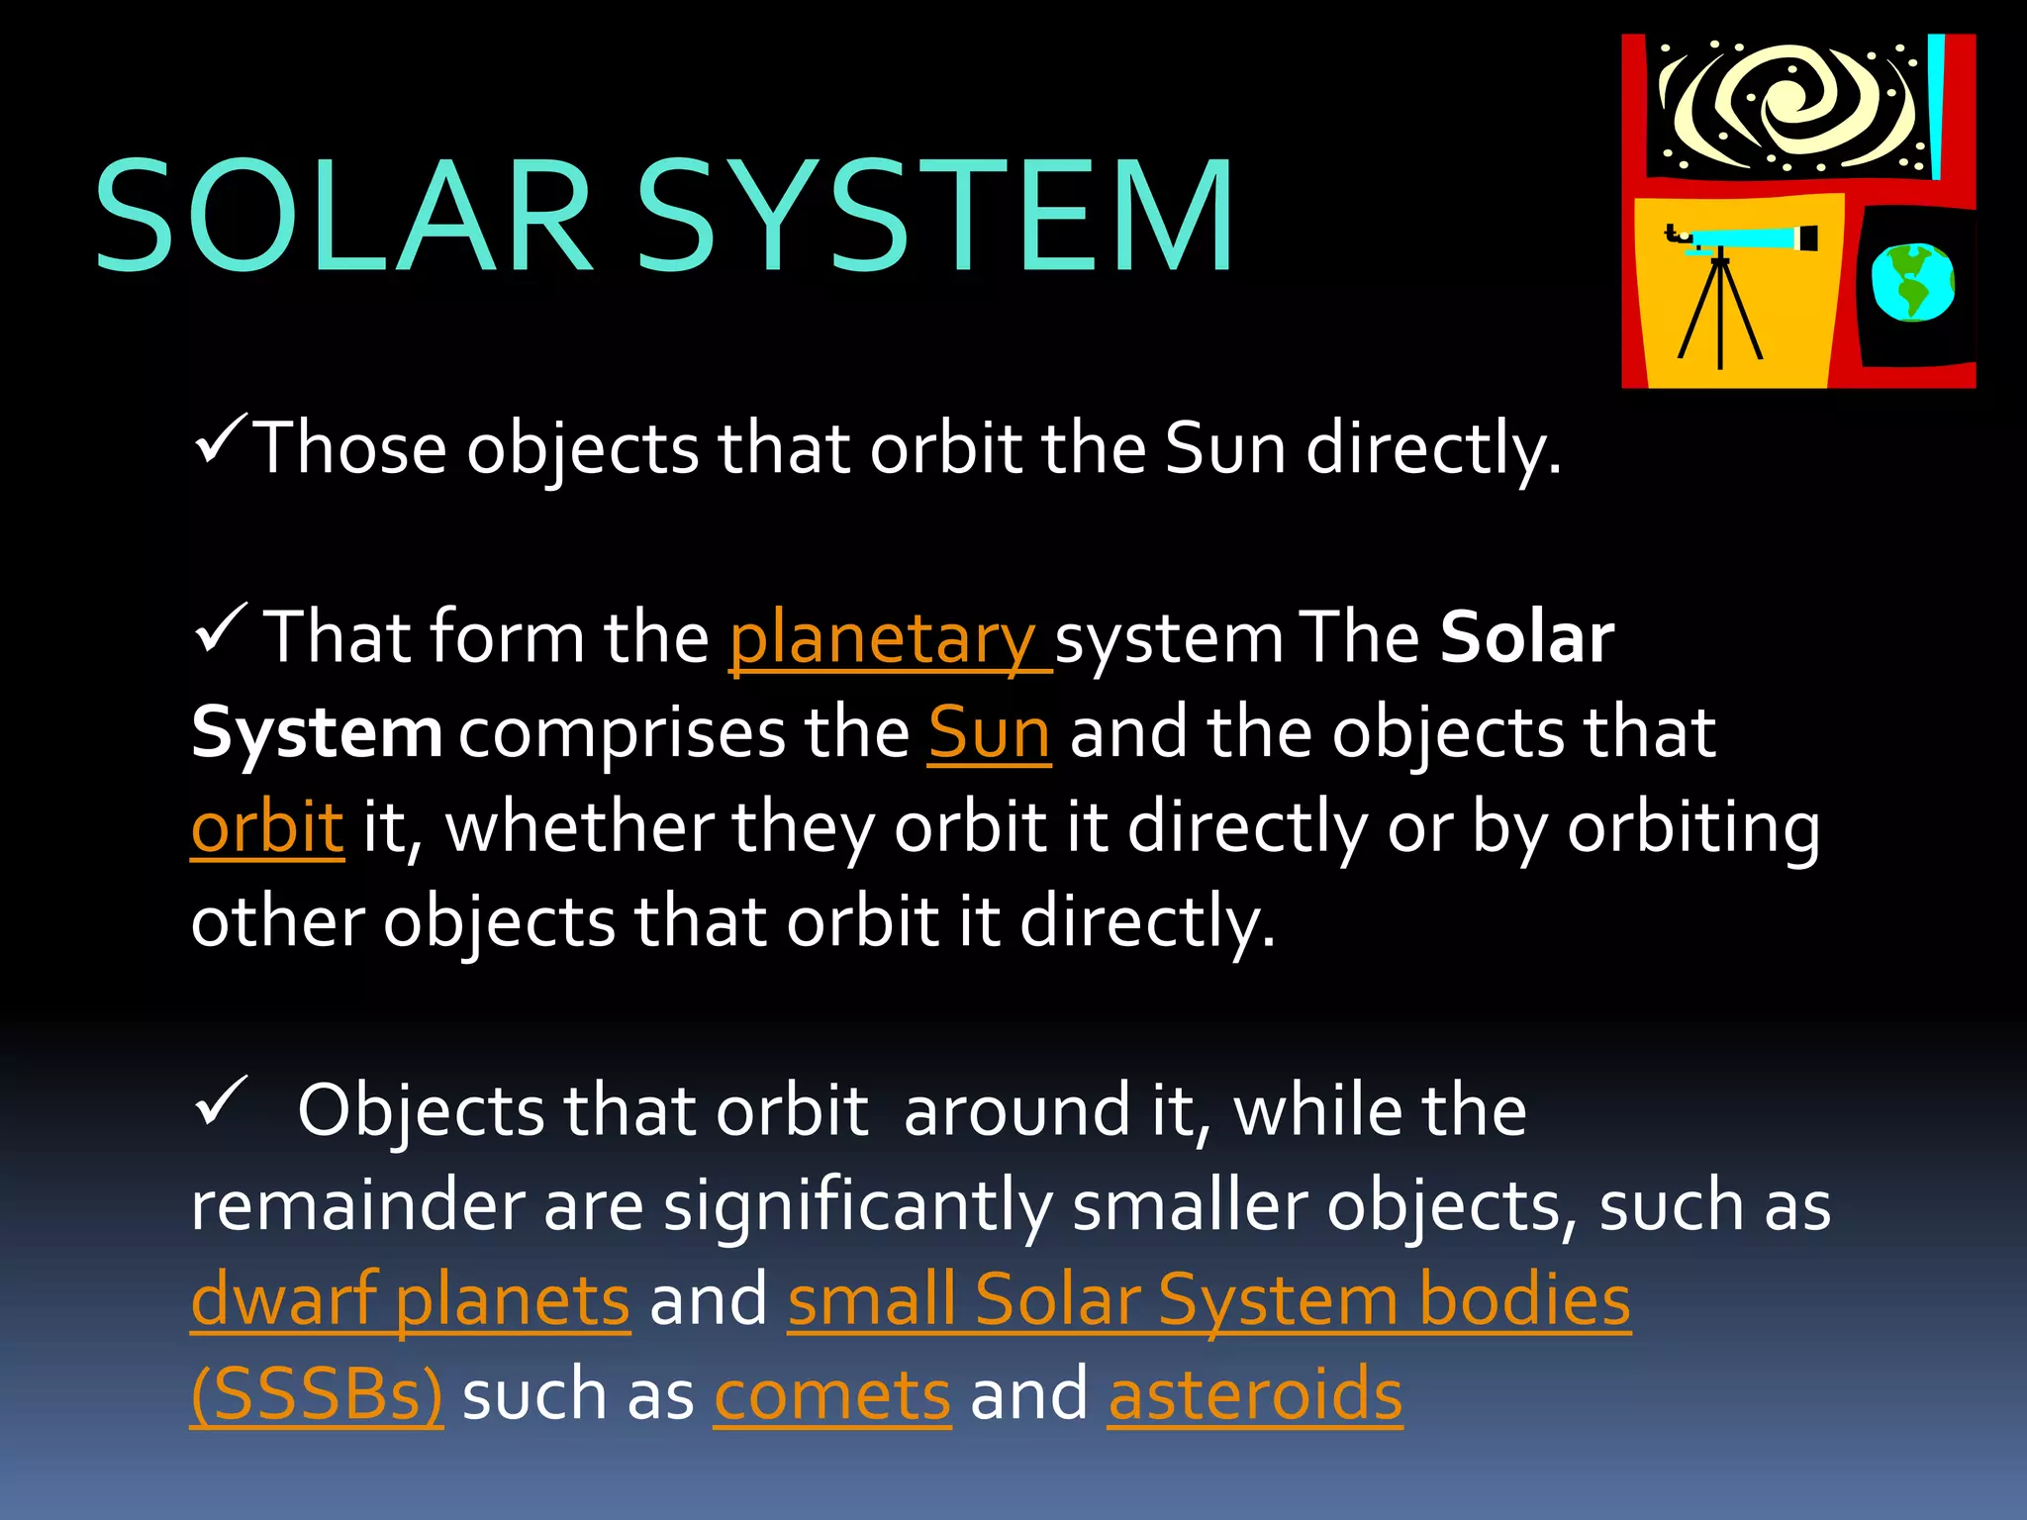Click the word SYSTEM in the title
(x=935, y=217)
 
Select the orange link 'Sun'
(x=989, y=733)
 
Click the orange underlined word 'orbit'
(x=267, y=827)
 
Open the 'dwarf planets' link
(x=410, y=1299)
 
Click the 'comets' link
(x=832, y=1394)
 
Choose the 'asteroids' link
(x=1255, y=1394)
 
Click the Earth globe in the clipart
(x=1912, y=282)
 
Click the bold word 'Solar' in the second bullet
(x=1527, y=638)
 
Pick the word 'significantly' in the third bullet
(x=857, y=1206)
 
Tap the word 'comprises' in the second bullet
(x=621, y=733)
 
